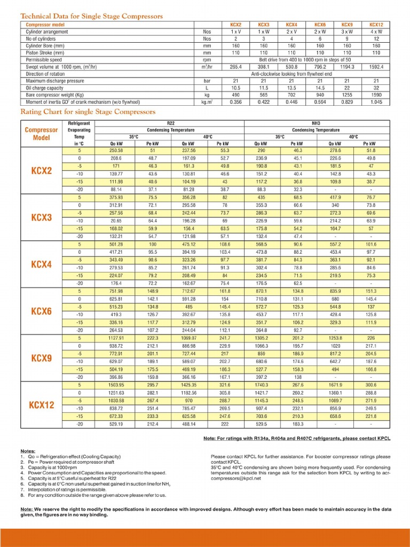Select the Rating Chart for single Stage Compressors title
point(88,112)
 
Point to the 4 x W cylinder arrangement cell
point(376,32)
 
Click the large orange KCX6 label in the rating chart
point(41,311)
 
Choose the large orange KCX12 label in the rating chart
point(41,405)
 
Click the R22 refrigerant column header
point(171,123)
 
